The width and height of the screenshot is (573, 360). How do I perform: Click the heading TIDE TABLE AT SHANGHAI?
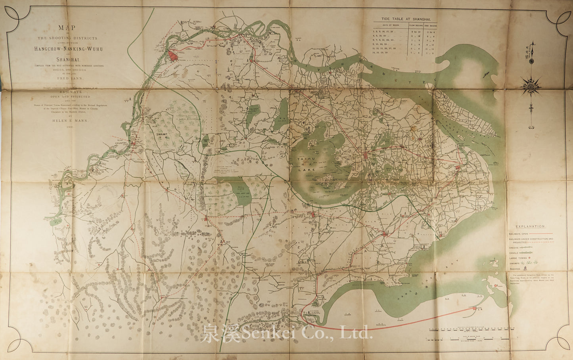403,19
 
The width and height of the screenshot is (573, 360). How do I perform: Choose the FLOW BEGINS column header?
416,25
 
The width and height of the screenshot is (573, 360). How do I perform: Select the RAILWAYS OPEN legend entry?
519,234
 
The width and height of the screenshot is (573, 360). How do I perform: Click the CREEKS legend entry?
515,246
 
